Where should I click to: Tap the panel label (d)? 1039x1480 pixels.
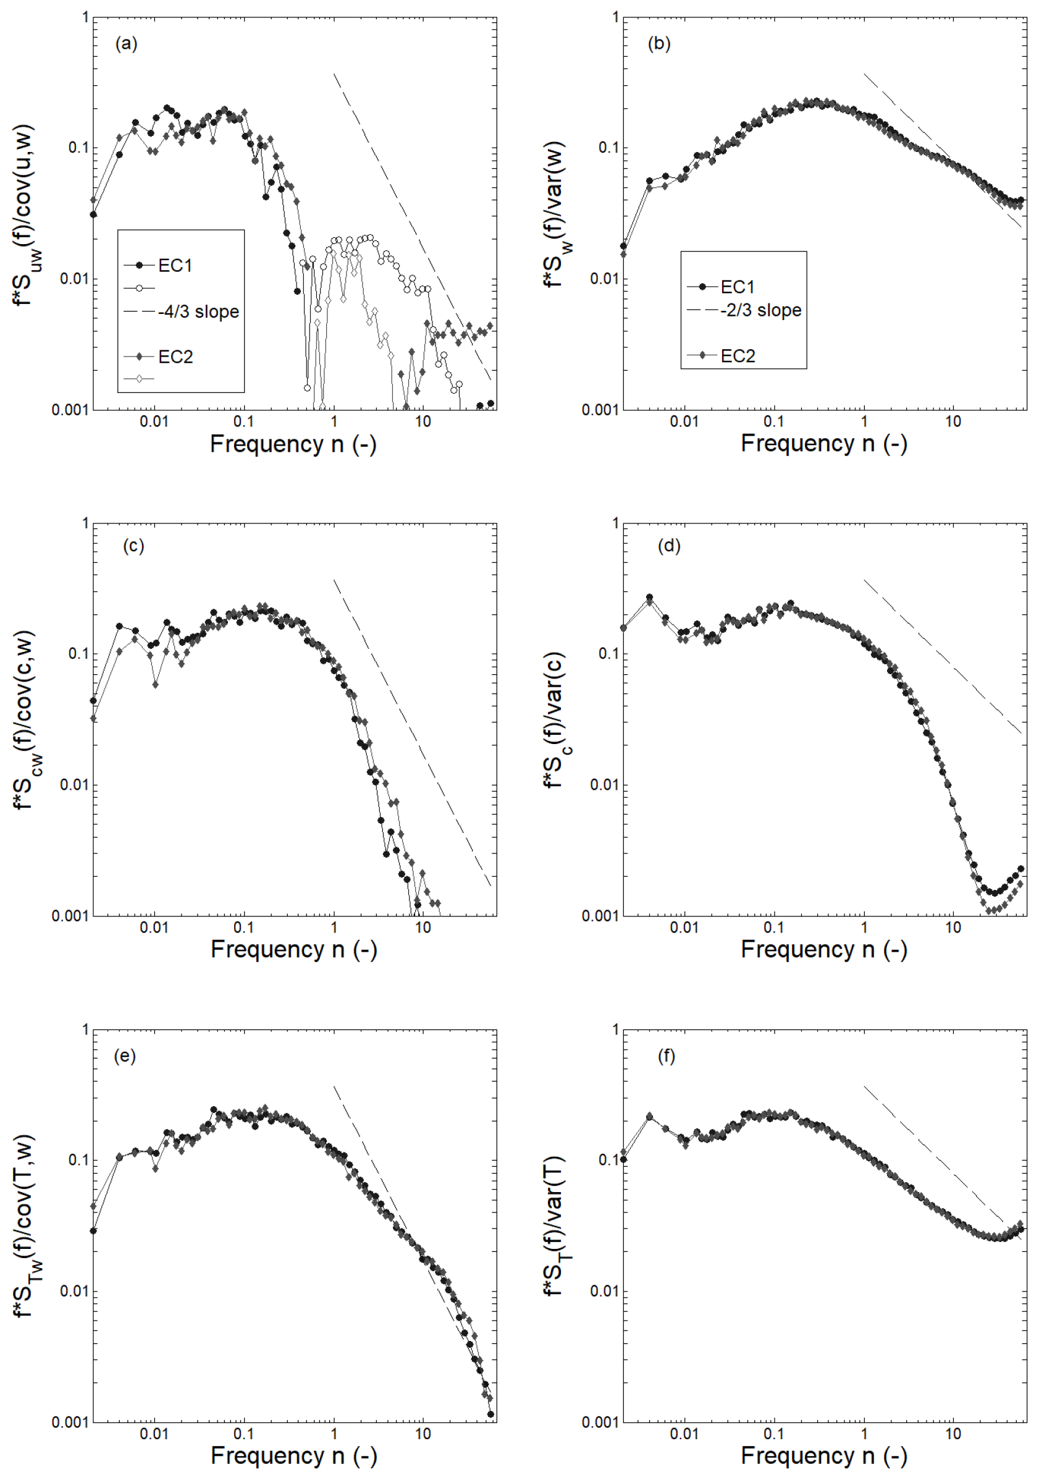(669, 546)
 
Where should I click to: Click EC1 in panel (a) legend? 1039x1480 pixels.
(175, 265)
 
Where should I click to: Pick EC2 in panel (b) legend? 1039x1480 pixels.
(738, 356)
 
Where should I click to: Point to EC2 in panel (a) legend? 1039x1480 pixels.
(175, 357)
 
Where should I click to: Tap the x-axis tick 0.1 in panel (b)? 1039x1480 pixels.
(773, 421)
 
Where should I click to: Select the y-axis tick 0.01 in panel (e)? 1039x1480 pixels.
(74, 1291)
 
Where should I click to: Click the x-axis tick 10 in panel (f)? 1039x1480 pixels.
(953, 1434)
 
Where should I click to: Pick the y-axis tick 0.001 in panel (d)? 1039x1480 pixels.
(600, 915)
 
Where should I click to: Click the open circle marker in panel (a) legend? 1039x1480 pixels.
(139, 288)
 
